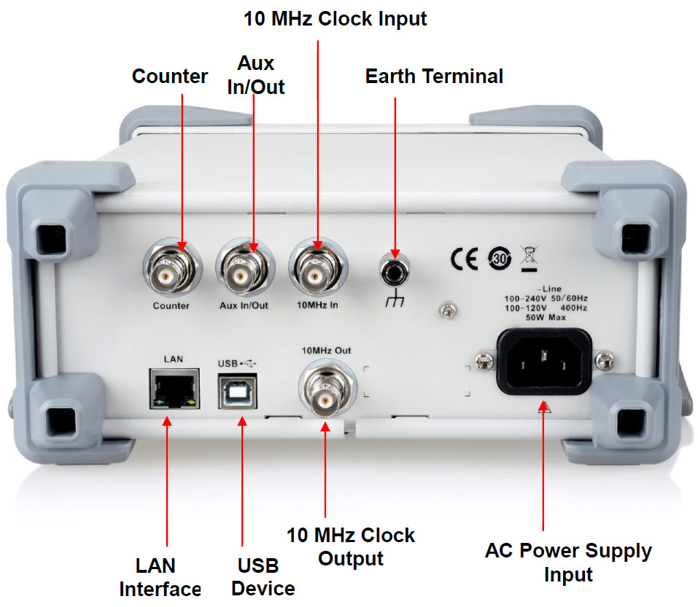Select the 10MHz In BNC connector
coord(317,273)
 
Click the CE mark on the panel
coord(464,259)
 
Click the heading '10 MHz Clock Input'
coord(335,19)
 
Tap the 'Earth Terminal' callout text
coord(434,76)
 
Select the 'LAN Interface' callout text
coord(160,576)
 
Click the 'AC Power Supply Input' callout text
coord(568,562)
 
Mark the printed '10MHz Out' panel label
coord(326,351)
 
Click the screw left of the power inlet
coord(482,359)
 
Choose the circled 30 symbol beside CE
coord(495,259)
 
